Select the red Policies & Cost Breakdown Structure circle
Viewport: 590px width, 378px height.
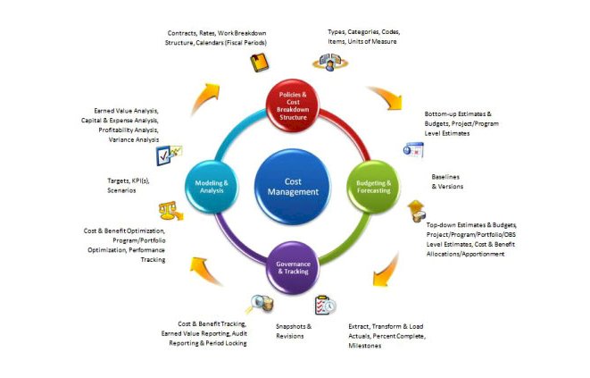point(293,105)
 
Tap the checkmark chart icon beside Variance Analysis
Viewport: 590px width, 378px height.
point(169,155)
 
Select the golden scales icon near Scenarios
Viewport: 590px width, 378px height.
point(167,211)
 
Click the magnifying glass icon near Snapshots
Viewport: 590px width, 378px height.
point(262,304)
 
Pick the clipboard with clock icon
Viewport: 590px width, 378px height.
point(325,305)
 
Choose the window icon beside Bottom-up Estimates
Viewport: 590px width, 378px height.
point(412,149)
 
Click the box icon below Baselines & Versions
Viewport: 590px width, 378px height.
point(416,211)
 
